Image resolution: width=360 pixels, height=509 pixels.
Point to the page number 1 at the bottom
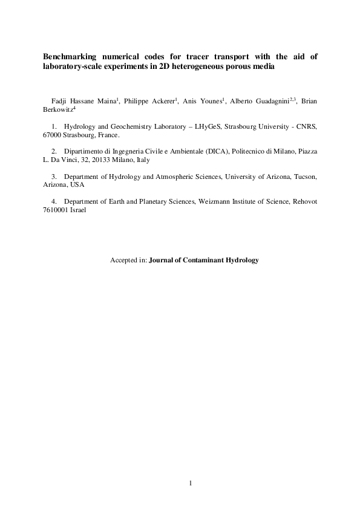point(190,483)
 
